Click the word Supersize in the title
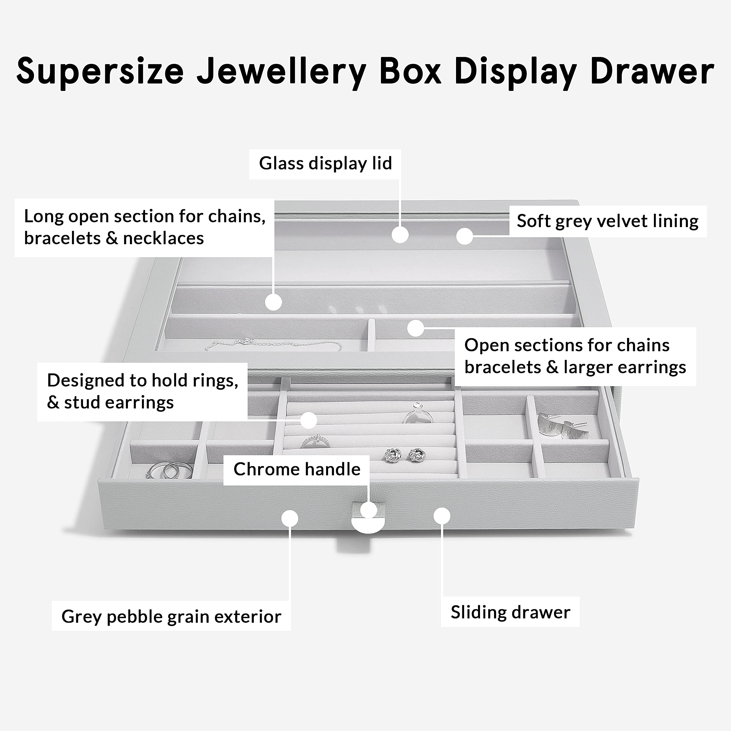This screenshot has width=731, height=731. [100, 71]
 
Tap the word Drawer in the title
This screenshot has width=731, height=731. [652, 71]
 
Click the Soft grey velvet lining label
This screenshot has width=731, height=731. [608, 221]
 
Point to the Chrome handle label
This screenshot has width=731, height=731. [297, 469]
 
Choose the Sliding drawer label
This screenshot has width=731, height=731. [510, 612]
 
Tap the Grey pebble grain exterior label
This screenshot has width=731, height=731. [171, 616]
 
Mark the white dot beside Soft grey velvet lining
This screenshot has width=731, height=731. [464, 236]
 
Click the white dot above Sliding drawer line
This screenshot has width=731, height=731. [441, 516]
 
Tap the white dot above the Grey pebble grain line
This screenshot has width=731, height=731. [290, 518]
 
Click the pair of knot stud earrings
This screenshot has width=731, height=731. [405, 454]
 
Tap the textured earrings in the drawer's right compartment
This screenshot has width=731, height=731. [563, 426]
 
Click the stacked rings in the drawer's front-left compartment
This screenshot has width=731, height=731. [169, 470]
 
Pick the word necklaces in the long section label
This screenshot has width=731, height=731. [163, 238]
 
